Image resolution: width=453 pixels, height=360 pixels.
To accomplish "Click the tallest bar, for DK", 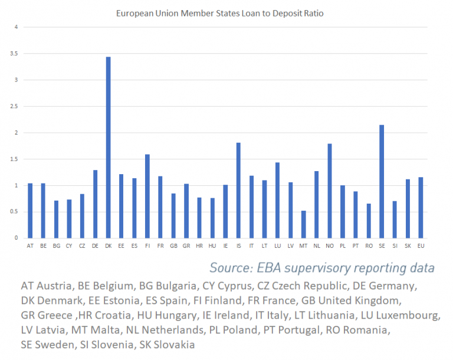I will click(108, 148).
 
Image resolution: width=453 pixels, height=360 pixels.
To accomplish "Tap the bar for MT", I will click(303, 224).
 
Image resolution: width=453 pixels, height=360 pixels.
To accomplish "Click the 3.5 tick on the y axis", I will click(16, 54).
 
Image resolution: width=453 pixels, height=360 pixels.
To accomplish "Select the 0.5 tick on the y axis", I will click(16, 212).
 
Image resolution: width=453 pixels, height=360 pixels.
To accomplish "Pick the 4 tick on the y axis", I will click(17, 27).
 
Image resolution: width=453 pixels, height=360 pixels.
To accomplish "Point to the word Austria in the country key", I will click(58, 286).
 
